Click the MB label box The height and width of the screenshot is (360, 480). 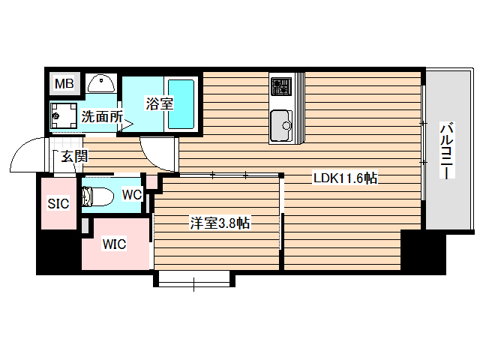click(64, 83)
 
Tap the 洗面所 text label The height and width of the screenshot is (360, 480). click(102, 116)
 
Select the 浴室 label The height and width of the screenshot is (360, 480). click(158, 104)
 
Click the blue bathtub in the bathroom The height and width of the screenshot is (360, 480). click(181, 103)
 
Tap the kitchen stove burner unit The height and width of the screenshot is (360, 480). click(280, 87)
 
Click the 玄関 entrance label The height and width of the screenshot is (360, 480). click(74, 157)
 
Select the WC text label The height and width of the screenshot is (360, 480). click(132, 195)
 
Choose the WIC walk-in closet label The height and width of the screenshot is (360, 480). click(115, 244)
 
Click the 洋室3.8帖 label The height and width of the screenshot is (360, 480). click(219, 223)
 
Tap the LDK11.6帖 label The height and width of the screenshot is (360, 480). click(344, 179)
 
